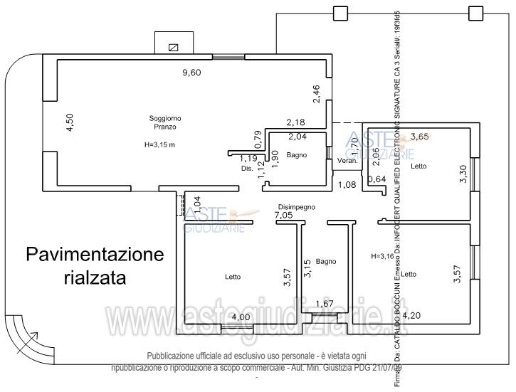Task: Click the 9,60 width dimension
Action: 191,72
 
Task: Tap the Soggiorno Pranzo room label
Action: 163,122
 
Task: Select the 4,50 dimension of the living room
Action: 69,122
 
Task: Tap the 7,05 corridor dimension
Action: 284,215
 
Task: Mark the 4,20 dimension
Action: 414,314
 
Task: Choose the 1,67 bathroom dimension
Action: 324,304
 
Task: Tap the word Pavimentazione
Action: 95,254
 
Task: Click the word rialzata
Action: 90,277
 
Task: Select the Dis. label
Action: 246,169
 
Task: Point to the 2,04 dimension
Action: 298,136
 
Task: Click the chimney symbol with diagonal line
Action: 172,48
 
